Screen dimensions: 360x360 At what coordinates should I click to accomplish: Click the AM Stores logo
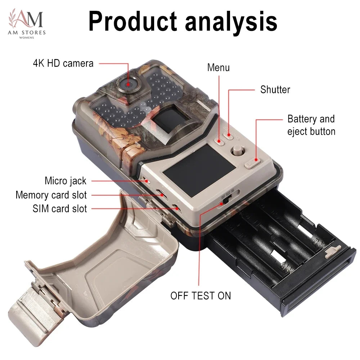click(27, 24)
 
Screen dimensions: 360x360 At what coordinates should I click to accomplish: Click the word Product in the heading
click(133, 21)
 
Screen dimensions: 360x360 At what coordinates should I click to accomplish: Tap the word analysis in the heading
click(231, 22)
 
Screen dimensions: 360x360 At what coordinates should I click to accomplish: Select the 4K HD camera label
click(63, 63)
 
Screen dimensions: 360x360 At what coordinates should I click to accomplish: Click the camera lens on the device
click(128, 84)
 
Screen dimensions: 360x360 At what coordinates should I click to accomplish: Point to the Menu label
click(219, 68)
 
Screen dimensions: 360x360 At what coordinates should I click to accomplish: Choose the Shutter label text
click(275, 90)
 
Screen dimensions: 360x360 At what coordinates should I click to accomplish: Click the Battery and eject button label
click(311, 125)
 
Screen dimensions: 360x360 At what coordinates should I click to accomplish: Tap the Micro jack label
click(66, 181)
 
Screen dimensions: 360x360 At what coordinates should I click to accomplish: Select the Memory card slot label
click(51, 195)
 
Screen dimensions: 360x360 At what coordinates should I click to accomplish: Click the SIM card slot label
click(60, 209)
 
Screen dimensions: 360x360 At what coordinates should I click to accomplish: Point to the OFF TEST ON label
click(201, 296)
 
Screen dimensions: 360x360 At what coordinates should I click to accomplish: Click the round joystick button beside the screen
click(238, 150)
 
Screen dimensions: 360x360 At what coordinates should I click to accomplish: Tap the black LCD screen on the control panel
click(199, 170)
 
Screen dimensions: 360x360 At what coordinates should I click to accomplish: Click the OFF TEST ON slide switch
click(226, 200)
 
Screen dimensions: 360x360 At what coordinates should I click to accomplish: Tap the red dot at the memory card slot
click(162, 195)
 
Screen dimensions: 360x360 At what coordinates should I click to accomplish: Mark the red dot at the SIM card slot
click(177, 208)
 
